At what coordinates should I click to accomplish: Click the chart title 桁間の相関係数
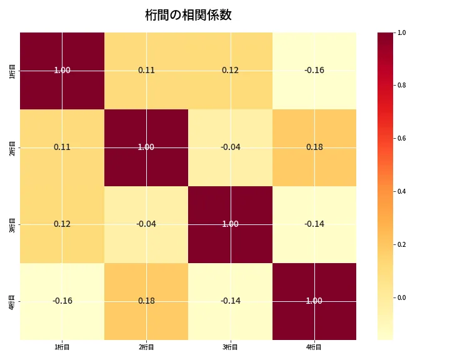(188, 15)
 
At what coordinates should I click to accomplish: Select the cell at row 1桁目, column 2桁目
(146, 70)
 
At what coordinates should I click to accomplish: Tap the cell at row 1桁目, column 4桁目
(314, 70)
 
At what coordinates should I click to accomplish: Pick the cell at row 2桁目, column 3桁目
(230, 147)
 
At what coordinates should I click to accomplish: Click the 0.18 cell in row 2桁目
(314, 147)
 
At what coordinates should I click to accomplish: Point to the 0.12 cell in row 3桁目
(62, 224)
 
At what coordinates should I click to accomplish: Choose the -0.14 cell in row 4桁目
(230, 301)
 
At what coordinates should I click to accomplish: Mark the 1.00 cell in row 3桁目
(230, 224)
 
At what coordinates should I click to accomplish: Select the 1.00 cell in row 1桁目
(62, 70)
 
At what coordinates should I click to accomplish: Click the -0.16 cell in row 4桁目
(62, 301)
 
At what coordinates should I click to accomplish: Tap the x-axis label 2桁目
(146, 347)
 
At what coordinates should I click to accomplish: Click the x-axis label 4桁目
(314, 347)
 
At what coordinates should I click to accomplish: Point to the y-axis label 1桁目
(12, 71)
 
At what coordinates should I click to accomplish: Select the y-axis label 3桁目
(12, 224)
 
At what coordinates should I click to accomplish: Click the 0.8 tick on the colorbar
(402, 85)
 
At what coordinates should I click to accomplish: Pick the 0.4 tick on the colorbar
(402, 191)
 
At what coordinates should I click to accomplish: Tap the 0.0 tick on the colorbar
(402, 297)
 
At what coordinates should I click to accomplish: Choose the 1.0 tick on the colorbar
(402, 32)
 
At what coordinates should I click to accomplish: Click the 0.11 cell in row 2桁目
(62, 147)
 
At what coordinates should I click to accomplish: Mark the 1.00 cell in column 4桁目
(314, 301)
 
